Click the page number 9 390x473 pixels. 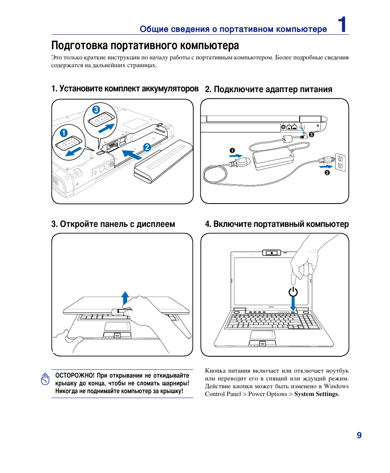click(359, 435)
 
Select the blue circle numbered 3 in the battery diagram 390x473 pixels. click(96, 110)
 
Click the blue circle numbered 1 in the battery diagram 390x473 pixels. click(63, 133)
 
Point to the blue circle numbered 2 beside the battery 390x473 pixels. click(146, 147)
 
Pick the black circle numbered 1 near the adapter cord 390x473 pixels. click(232, 149)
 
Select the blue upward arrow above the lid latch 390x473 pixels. click(126, 298)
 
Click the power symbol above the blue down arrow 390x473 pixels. click(293, 292)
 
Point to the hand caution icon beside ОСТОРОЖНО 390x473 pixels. click(45, 379)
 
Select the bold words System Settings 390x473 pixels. click(316, 394)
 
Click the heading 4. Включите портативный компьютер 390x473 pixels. click(277, 224)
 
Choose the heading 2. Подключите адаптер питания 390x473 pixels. click(269, 89)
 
